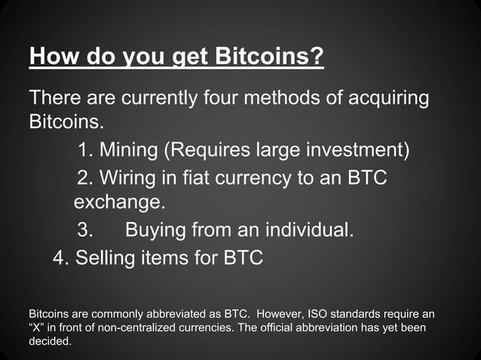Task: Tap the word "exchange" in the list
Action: pos(117,203)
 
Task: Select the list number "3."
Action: pos(86,229)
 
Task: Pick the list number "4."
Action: pos(61,258)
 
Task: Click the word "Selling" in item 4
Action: pos(105,258)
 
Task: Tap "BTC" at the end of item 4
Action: pos(243,258)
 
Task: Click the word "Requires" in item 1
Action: pos(207,151)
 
